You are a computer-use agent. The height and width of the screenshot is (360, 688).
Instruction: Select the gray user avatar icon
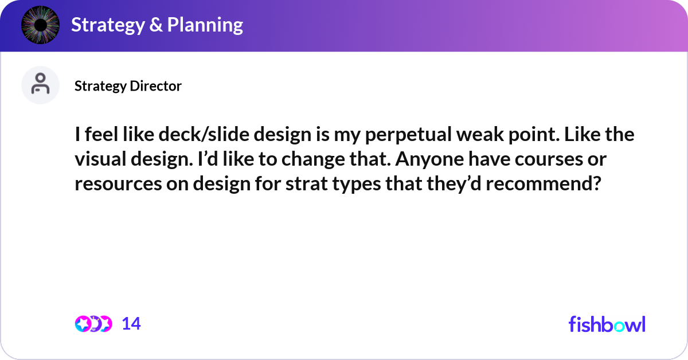click(40, 85)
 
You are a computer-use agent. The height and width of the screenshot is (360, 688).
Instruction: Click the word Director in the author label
click(155, 86)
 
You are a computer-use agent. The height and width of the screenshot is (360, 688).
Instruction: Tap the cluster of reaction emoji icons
click(93, 324)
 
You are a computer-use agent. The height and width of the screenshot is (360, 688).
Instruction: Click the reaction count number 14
click(131, 324)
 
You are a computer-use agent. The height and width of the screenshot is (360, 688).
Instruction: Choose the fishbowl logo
click(607, 324)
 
